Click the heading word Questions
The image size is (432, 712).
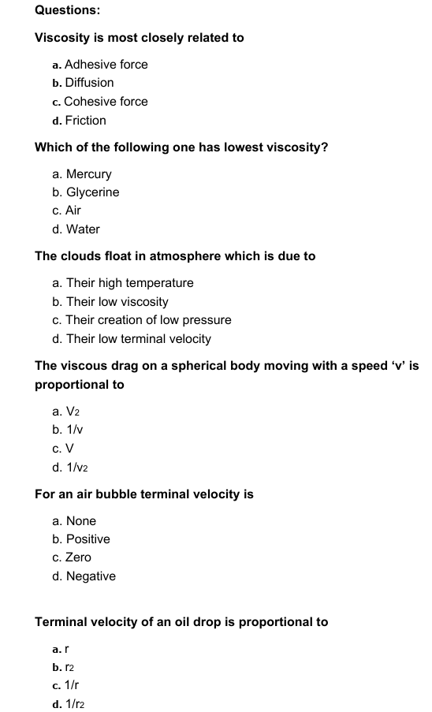click(67, 10)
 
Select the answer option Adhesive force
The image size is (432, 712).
click(106, 65)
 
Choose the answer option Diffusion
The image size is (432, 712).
click(89, 83)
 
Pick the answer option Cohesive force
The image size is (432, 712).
click(106, 102)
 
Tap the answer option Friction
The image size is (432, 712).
click(85, 121)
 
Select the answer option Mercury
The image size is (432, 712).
click(88, 174)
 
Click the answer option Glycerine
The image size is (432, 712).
click(92, 192)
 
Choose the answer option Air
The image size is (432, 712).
click(73, 211)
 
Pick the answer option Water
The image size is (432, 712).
click(83, 229)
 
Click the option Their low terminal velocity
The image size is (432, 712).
click(138, 339)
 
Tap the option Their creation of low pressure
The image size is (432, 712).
click(148, 320)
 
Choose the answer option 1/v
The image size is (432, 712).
click(74, 430)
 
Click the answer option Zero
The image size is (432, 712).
click(78, 557)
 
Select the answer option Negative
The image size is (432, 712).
click(90, 576)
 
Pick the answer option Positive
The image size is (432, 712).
click(88, 539)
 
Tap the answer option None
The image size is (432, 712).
click(80, 521)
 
